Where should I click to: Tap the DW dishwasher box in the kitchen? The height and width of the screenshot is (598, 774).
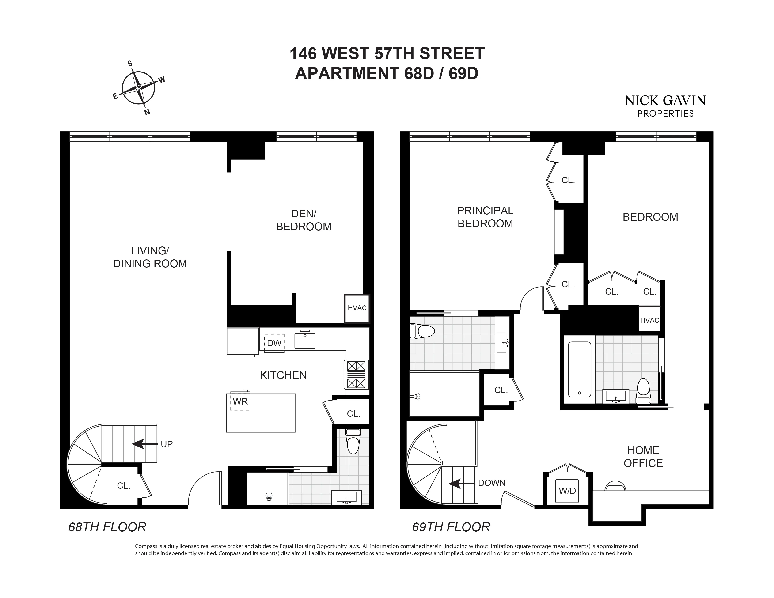pyautogui.click(x=274, y=343)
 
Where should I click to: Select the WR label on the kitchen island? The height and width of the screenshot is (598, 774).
pyautogui.click(x=240, y=401)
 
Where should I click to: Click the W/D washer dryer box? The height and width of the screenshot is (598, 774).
pyautogui.click(x=567, y=491)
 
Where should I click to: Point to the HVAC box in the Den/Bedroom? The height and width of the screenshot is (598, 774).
pyautogui.click(x=357, y=308)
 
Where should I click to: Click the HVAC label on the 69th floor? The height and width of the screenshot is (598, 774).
pyautogui.click(x=650, y=320)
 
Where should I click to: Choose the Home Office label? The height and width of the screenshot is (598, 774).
pyautogui.click(x=643, y=457)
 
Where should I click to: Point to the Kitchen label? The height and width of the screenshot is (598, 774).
pyautogui.click(x=283, y=375)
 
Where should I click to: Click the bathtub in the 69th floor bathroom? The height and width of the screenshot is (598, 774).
pyautogui.click(x=579, y=369)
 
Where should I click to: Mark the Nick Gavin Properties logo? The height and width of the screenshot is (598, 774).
pyautogui.click(x=665, y=106)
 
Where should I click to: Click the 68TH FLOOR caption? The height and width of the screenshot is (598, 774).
pyautogui.click(x=107, y=527)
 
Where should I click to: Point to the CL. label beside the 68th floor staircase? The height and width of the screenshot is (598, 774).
pyautogui.click(x=124, y=486)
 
